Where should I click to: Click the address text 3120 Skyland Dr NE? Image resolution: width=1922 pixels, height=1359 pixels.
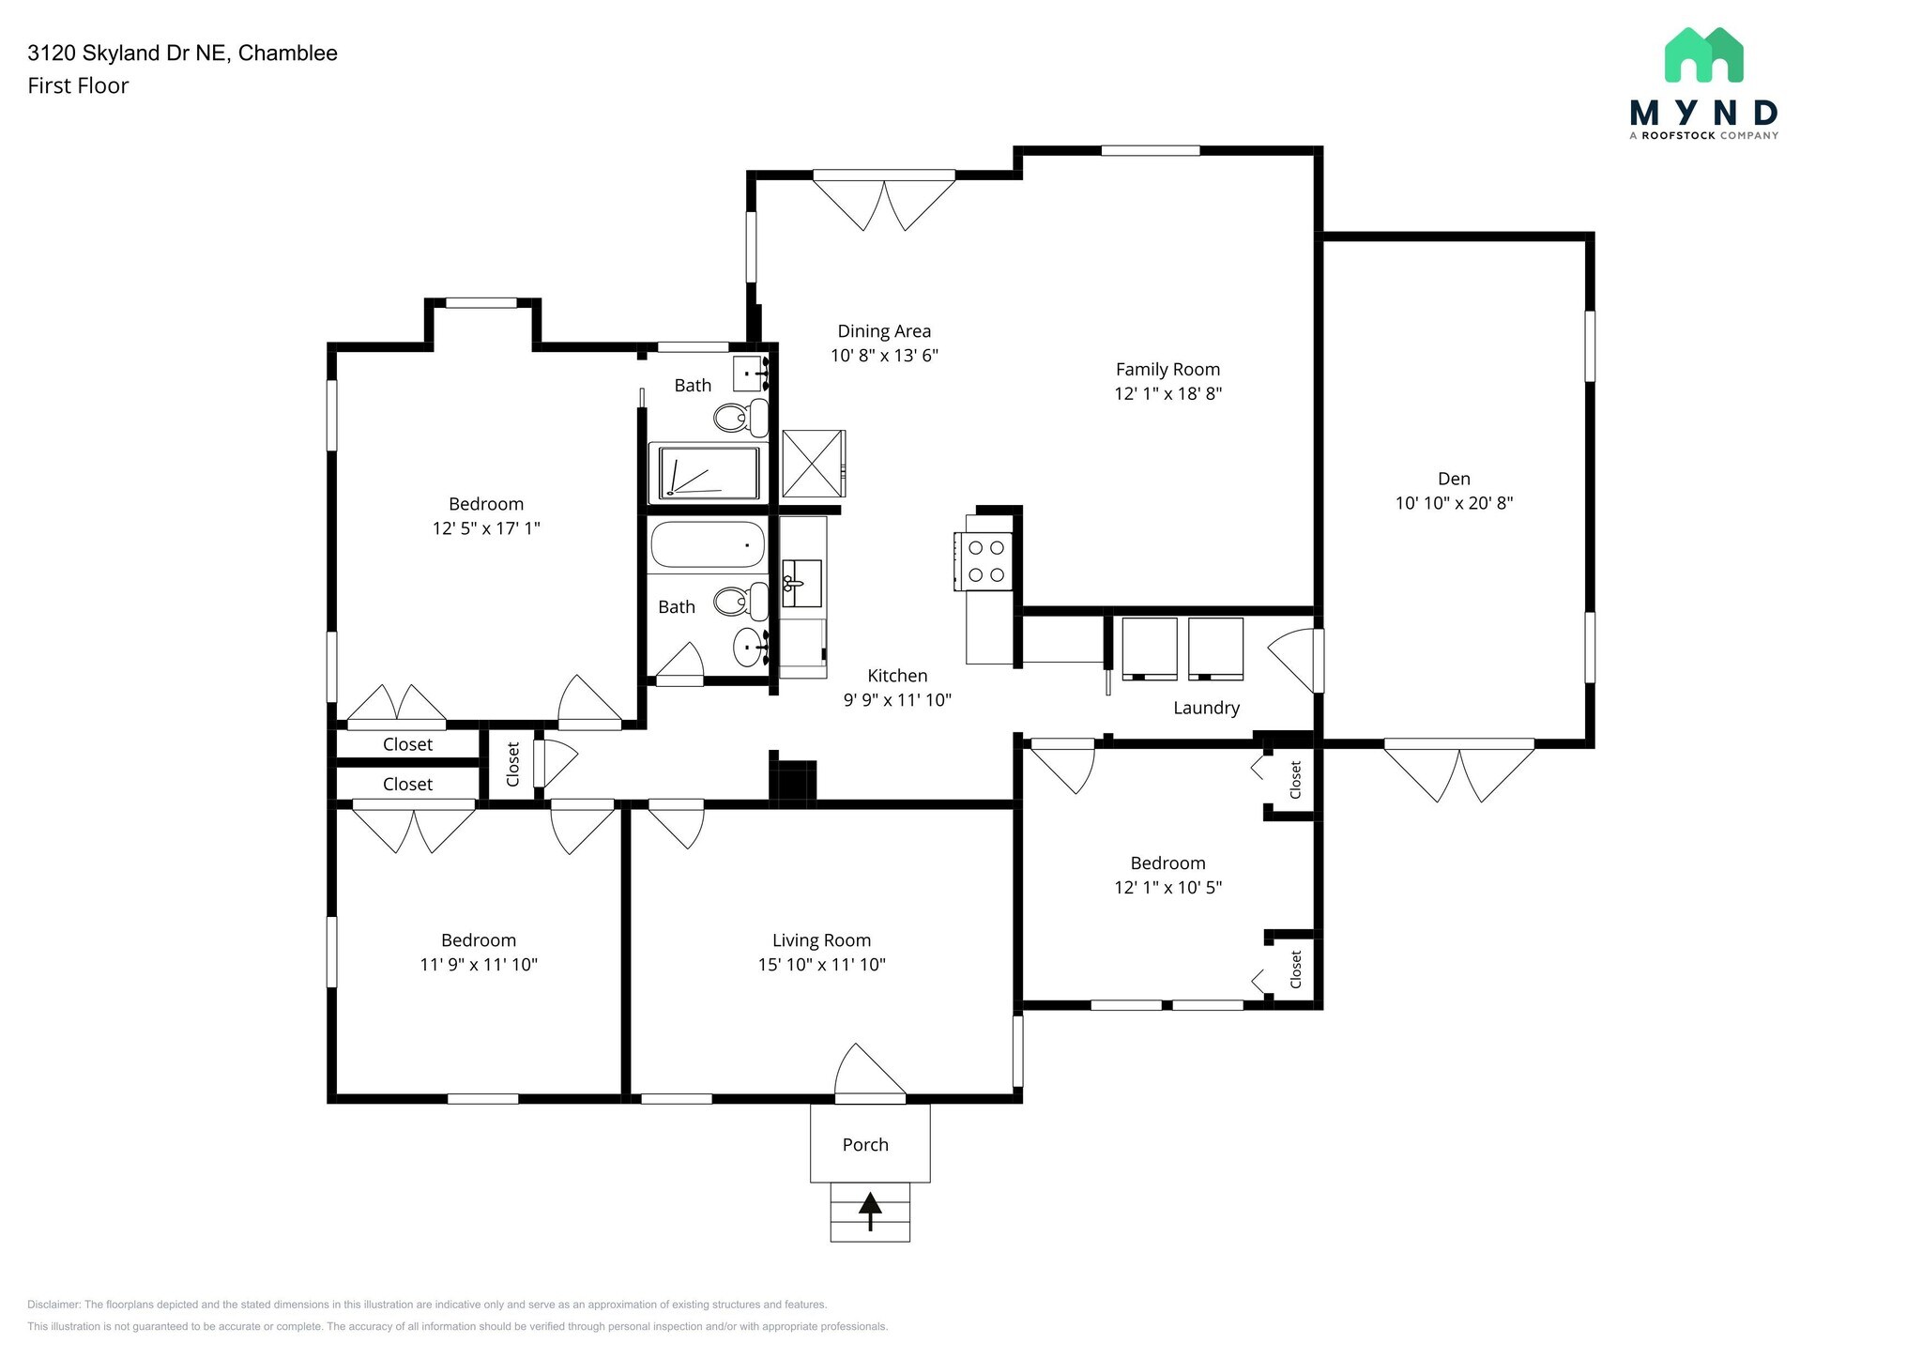[127, 53]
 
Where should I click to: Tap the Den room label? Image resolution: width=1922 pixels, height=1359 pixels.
[1454, 479]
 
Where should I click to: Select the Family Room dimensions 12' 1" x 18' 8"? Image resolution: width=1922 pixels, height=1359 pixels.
[1167, 394]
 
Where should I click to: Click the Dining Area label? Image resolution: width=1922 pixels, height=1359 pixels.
[884, 331]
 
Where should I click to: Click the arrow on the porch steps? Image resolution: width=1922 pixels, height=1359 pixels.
[870, 1211]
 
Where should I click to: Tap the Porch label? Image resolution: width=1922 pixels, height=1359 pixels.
[865, 1145]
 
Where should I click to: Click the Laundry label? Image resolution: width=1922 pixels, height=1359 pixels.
[1206, 709]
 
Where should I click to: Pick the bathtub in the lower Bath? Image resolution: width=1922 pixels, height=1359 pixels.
[708, 544]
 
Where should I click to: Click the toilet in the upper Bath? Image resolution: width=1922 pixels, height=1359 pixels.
[740, 418]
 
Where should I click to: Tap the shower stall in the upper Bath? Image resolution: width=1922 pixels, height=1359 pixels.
[709, 473]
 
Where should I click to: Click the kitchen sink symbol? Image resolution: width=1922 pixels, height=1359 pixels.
[801, 583]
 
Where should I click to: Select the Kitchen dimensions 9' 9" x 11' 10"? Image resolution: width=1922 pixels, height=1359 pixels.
[897, 700]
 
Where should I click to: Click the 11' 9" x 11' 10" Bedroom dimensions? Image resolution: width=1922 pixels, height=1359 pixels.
[479, 965]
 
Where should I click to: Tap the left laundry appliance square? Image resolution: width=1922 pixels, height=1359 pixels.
[1150, 648]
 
